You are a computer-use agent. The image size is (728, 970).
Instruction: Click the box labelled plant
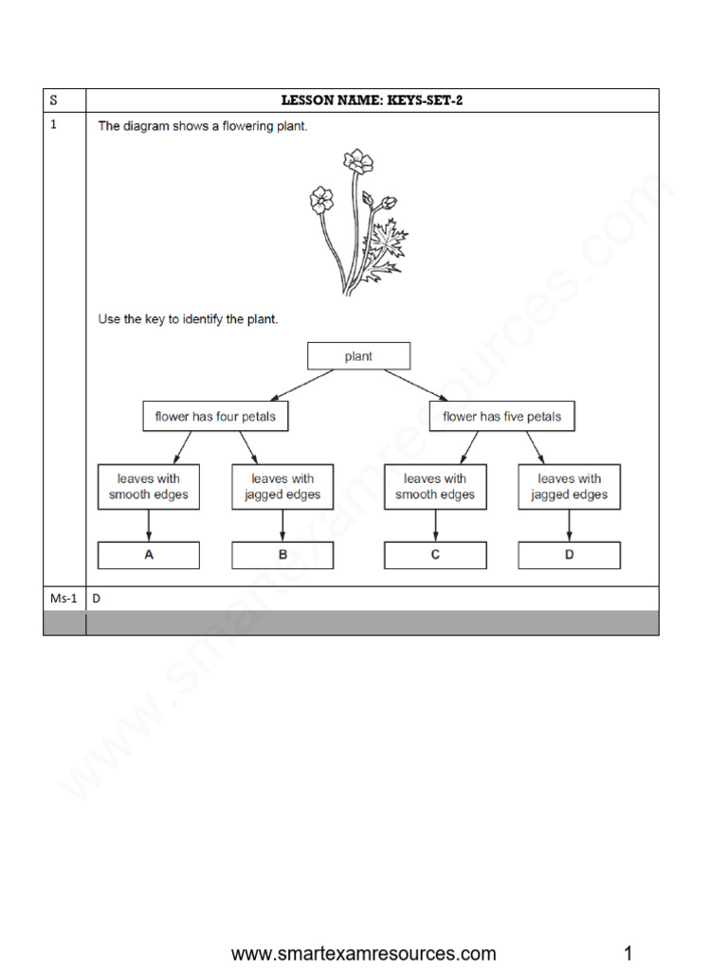359,356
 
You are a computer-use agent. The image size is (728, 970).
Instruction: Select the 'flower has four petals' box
215,416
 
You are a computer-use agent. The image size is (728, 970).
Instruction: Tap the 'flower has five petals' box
501,416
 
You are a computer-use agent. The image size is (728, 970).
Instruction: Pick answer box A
149,555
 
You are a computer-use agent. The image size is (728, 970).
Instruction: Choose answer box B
282,555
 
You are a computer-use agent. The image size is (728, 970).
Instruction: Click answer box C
435,555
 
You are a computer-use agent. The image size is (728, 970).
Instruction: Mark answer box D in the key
569,555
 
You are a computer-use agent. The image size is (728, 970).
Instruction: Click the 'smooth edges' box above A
149,486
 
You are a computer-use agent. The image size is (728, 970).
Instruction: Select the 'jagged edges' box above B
282,486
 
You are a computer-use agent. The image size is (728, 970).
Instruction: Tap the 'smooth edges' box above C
435,486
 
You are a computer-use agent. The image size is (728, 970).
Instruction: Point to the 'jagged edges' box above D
569,486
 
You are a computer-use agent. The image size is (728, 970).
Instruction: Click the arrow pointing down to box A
149,526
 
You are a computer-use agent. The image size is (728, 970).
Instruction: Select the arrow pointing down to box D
569,526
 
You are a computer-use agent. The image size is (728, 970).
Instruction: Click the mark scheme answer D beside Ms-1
96,599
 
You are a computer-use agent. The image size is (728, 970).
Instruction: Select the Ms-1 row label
64,599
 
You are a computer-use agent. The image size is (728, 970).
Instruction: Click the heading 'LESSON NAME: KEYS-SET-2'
372,100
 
